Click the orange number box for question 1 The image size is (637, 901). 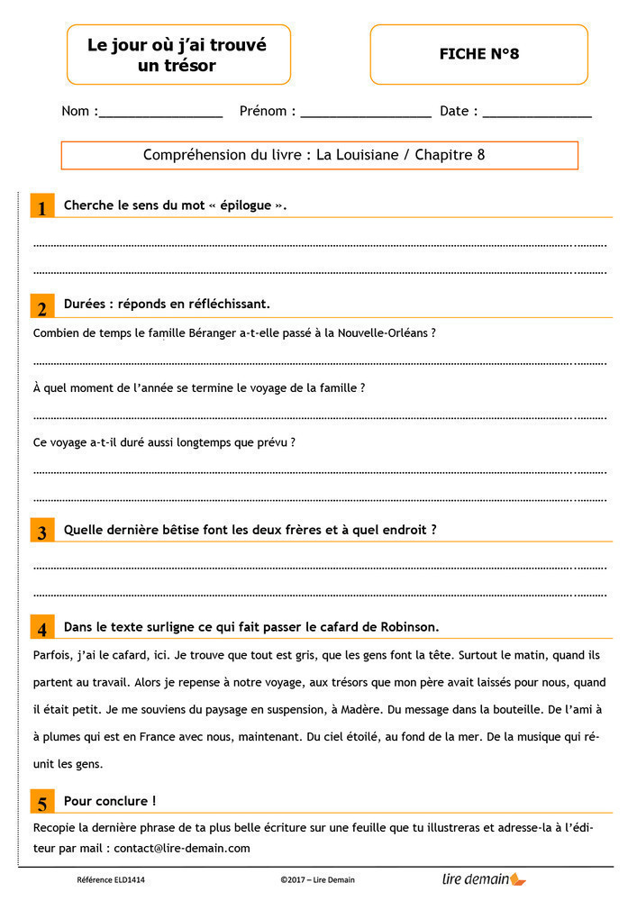tap(41, 206)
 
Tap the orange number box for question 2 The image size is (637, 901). tap(41, 306)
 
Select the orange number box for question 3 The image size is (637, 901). tap(41, 531)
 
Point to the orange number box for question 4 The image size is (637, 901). tap(41, 628)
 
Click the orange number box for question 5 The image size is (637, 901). tap(41, 803)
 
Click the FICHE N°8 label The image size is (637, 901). tap(478, 54)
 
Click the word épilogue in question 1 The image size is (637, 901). tap(245, 205)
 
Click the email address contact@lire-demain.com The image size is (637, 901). tap(182, 848)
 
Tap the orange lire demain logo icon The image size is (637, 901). tap(518, 878)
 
